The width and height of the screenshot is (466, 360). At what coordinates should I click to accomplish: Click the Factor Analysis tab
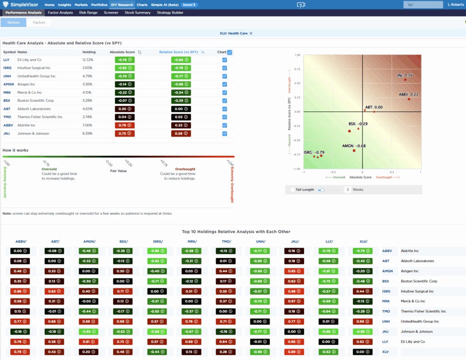60,13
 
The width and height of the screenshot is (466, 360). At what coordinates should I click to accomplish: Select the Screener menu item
111,13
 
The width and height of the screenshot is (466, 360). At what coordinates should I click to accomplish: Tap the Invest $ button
189,5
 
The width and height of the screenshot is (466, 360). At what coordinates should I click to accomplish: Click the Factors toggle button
39,22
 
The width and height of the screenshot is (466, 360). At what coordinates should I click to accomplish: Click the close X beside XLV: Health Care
251,33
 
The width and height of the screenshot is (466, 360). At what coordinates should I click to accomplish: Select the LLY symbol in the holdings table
6,60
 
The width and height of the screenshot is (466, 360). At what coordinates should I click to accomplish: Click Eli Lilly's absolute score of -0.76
122,60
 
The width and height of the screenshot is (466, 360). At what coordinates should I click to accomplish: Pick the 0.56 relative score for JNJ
181,133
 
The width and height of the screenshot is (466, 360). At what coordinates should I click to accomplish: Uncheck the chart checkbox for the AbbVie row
225,125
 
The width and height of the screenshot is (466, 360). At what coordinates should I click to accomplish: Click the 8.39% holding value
87,133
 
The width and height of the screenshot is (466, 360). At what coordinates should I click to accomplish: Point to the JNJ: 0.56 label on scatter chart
405,75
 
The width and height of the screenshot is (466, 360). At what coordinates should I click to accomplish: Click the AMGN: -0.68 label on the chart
354,146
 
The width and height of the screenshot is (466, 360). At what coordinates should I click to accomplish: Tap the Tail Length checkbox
292,189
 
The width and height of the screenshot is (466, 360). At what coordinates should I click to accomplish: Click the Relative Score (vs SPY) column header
178,52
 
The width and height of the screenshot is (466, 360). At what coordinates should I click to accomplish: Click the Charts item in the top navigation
142,5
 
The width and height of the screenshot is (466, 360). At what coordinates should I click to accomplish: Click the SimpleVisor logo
21,5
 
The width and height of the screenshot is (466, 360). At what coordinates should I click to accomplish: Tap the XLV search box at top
423,5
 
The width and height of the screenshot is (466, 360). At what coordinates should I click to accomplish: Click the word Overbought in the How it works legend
185,169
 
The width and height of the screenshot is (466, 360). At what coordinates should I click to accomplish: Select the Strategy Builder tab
170,13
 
